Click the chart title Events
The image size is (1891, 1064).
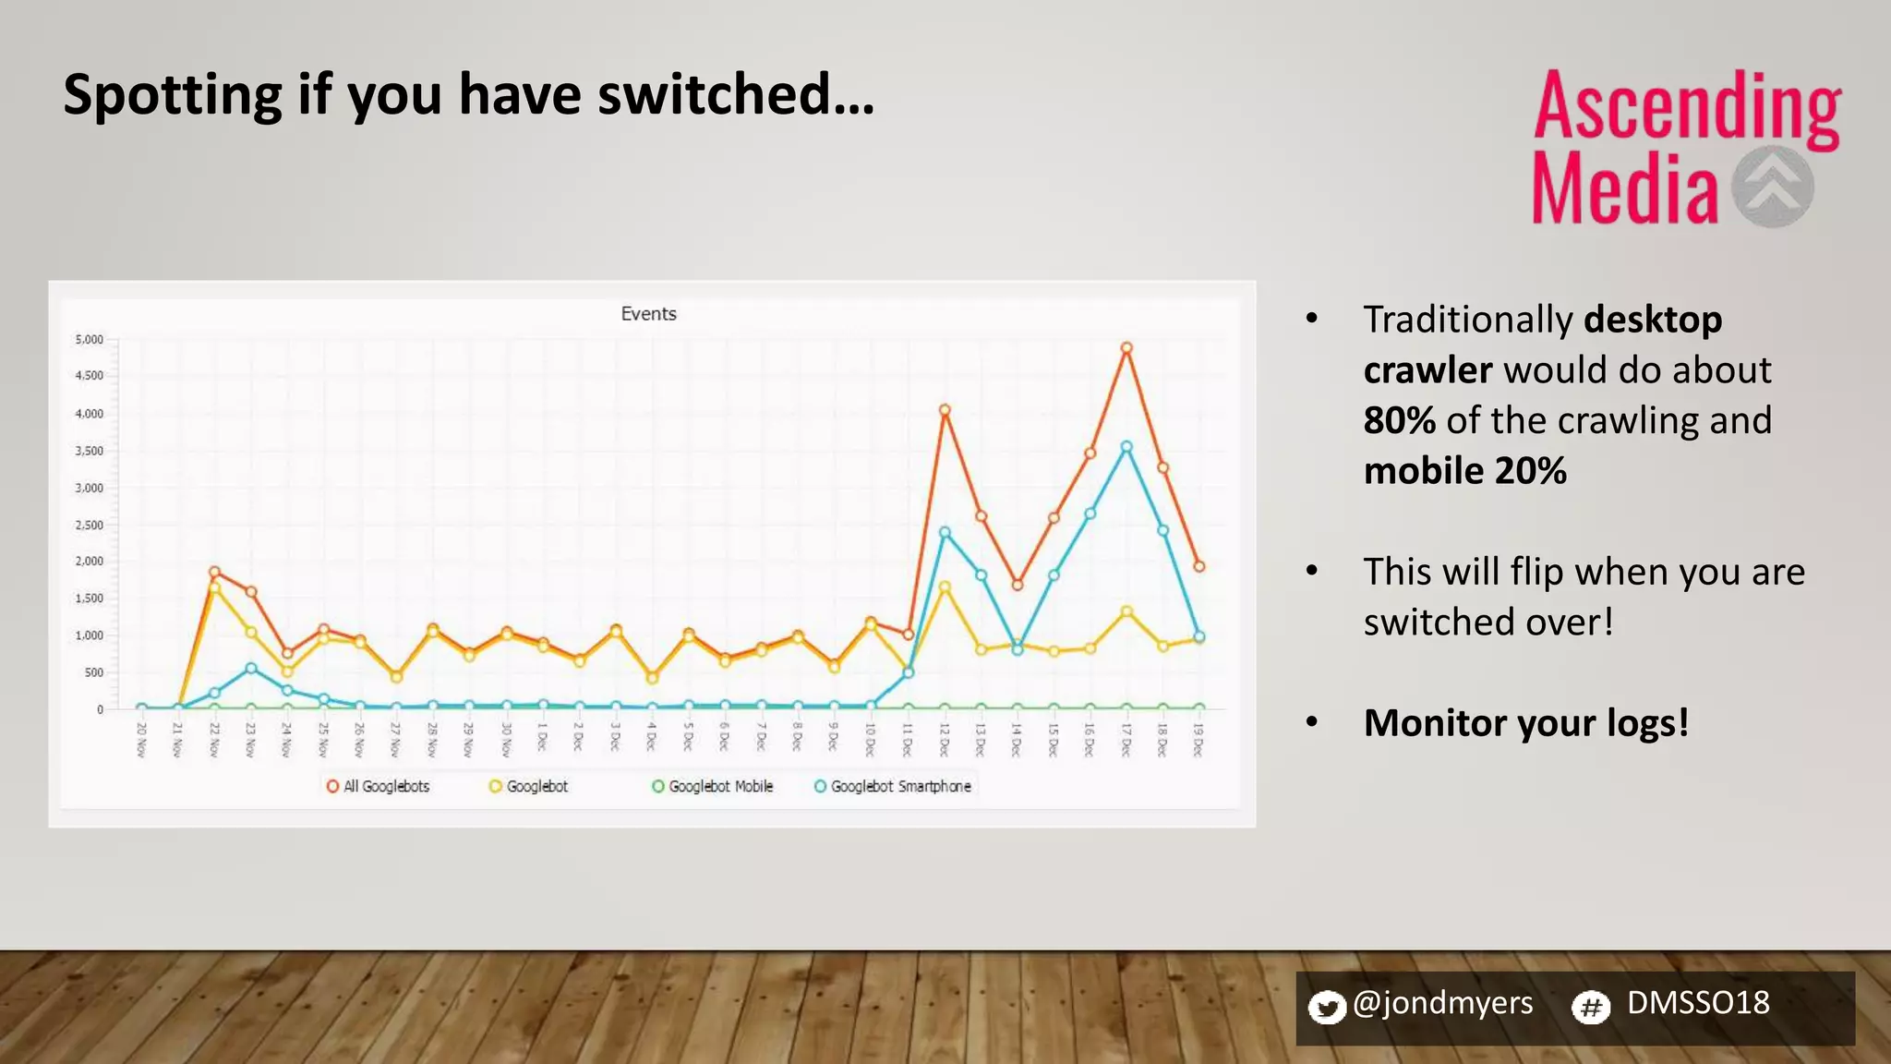tap(648, 314)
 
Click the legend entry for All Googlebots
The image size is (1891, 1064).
tap(379, 786)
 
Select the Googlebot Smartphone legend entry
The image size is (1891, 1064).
tap(893, 786)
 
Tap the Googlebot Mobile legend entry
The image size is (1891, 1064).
tap(713, 786)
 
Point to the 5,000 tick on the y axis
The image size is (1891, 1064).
tap(90, 340)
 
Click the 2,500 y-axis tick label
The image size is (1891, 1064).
tap(90, 525)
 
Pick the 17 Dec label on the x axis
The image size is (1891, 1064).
tap(1126, 740)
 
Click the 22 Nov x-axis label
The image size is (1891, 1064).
tap(214, 740)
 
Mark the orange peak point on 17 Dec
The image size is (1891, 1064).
tap(1126, 348)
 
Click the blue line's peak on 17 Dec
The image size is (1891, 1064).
tap(1126, 447)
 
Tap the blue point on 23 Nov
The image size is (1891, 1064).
tap(251, 668)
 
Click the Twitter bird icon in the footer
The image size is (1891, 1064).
tap(1327, 1007)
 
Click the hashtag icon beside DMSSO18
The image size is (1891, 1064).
tap(1591, 1007)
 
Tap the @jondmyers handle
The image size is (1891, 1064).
tap(1442, 1003)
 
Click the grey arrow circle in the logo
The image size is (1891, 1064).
tap(1772, 187)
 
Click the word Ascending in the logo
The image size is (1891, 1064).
tap(1687, 108)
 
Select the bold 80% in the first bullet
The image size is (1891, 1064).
tap(1399, 420)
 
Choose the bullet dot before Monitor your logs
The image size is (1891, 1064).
tap(1312, 722)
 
